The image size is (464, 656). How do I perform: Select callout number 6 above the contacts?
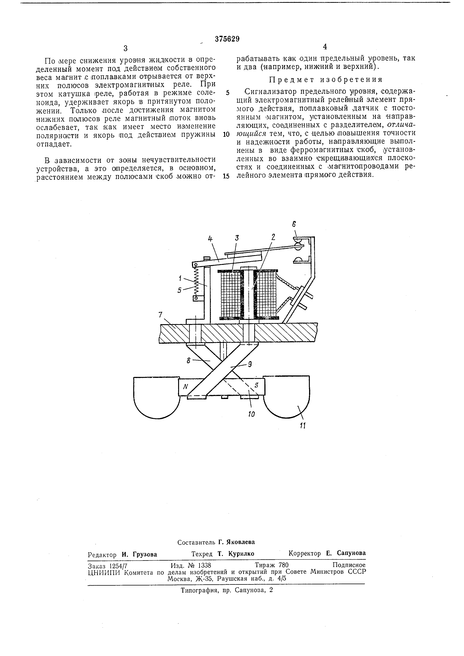(x=294, y=225)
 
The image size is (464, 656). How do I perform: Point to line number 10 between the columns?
(x=226, y=134)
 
